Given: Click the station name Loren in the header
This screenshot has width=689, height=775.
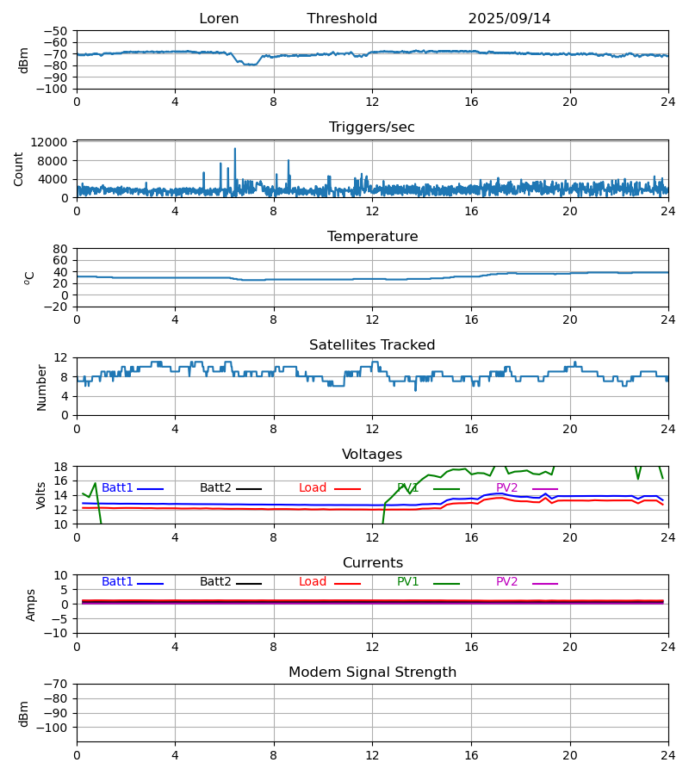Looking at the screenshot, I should tap(219, 19).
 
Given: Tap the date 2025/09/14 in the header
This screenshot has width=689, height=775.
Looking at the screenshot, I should tap(509, 19).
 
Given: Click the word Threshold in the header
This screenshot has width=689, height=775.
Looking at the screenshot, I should tap(342, 19).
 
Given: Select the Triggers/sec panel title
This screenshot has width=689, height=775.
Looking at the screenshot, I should tap(372, 127).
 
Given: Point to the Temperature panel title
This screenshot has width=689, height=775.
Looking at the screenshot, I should tap(372, 237).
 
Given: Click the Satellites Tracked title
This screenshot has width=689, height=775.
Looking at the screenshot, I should tap(372, 345).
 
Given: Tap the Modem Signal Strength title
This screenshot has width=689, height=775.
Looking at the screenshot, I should tap(372, 673).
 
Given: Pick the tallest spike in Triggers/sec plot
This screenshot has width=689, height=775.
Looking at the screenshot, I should tap(234, 149).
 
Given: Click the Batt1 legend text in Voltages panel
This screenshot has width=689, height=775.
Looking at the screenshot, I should tap(117, 488).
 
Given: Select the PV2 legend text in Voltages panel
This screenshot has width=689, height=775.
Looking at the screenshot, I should tap(506, 488).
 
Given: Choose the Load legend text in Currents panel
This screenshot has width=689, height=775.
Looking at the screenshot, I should tap(313, 582).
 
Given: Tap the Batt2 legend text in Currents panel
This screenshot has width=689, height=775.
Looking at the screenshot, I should tap(215, 582).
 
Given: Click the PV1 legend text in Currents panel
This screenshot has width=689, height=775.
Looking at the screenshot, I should tap(408, 582).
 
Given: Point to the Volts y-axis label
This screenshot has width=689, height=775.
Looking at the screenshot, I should tap(41, 495).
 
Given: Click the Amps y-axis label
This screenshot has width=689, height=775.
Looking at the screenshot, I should tap(32, 604).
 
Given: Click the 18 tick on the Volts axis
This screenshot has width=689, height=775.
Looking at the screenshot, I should tap(61, 467).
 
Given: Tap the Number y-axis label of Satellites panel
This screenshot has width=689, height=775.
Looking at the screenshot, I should tap(41, 387).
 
